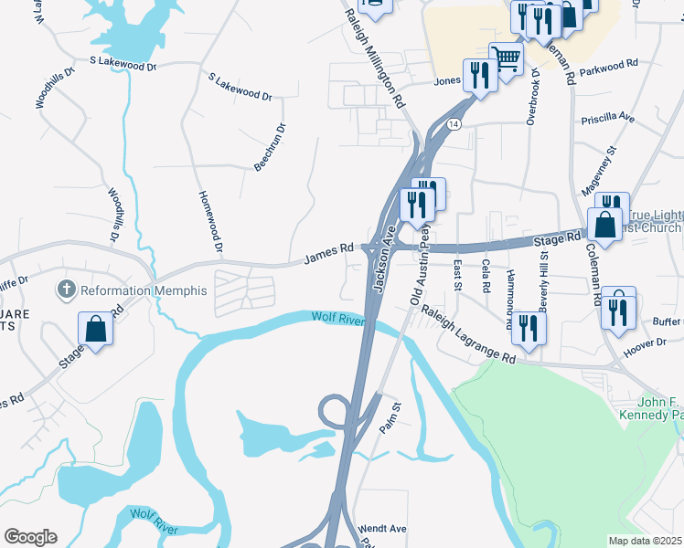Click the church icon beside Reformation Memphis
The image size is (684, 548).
click(x=66, y=290)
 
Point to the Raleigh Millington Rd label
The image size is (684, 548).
click(x=375, y=60)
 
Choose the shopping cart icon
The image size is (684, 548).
click(x=505, y=58)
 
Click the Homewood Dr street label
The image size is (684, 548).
click(x=208, y=221)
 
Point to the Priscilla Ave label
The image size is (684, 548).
click(x=607, y=119)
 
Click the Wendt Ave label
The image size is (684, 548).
click(x=383, y=528)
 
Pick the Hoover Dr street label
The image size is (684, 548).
click(x=645, y=342)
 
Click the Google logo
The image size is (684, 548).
click(x=30, y=537)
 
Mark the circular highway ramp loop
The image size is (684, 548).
click(x=336, y=413)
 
